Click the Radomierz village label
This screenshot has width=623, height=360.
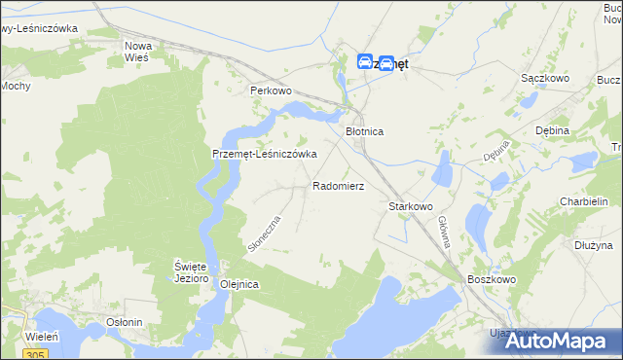tap(338, 185)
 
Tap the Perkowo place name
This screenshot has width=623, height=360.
tap(271, 90)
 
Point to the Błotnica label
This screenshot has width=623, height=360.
tap(366, 130)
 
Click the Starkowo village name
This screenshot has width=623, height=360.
tap(410, 206)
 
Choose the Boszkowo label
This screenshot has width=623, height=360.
tap(491, 279)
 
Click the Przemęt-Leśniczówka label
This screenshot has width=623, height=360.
tap(266, 155)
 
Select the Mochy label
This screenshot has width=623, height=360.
tap(15, 86)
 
